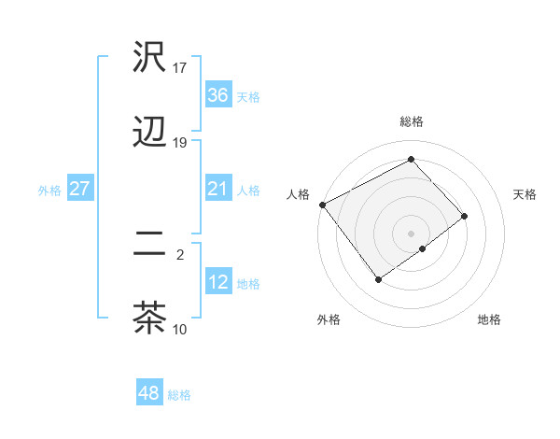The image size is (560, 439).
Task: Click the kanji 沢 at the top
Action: coord(149,59)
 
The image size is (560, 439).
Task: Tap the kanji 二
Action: coord(149,242)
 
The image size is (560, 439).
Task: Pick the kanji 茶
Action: coord(149,317)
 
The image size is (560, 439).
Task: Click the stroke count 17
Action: coord(180,68)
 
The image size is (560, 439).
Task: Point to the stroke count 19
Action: coord(180,143)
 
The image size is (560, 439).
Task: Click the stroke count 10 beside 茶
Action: coord(180,329)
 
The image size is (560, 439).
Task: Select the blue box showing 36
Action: coord(217,95)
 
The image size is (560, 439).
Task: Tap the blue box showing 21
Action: coord(217,190)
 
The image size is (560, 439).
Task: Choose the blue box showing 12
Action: coord(217,282)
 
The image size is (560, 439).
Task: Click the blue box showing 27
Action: coord(79,190)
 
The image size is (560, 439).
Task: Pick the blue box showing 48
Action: coord(148,393)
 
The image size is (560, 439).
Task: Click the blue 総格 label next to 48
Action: coord(179,395)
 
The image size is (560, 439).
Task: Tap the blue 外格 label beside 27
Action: coord(49,191)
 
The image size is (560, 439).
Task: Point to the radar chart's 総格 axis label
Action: coord(411,121)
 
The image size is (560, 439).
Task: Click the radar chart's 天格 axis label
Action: coord(525,194)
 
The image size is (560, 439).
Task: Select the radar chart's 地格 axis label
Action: coord(489,319)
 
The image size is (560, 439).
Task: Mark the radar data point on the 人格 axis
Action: coord(322,205)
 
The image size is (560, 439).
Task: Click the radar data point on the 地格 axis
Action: coord(423,248)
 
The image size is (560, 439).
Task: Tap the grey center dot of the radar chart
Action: coord(411,233)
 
